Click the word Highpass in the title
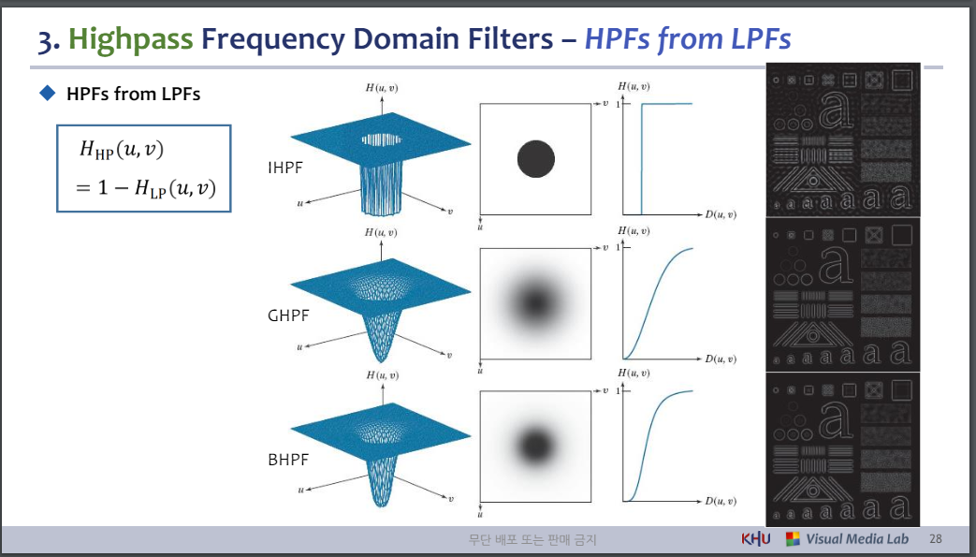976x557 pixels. [x=131, y=38]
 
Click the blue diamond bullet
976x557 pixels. [x=48, y=93]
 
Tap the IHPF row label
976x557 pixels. [x=285, y=167]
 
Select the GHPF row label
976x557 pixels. [x=288, y=315]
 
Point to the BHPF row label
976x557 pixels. [x=288, y=460]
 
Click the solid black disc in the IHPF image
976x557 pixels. [x=536, y=158]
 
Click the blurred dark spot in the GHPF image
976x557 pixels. [x=535, y=303]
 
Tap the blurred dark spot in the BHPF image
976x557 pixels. [x=535, y=446]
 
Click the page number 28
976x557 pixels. [x=935, y=539]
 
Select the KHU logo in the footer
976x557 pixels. [x=756, y=539]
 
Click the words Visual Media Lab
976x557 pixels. [x=857, y=539]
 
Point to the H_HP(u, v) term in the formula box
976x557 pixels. [x=122, y=150]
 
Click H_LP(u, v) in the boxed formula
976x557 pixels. [x=176, y=187]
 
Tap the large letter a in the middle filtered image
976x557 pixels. [x=836, y=264]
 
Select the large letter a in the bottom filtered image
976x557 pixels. [x=836, y=418]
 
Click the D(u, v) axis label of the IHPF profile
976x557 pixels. [x=721, y=215]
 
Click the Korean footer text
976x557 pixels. [x=532, y=539]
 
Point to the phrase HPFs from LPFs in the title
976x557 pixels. [x=688, y=38]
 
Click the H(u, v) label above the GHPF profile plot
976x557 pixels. [x=634, y=231]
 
